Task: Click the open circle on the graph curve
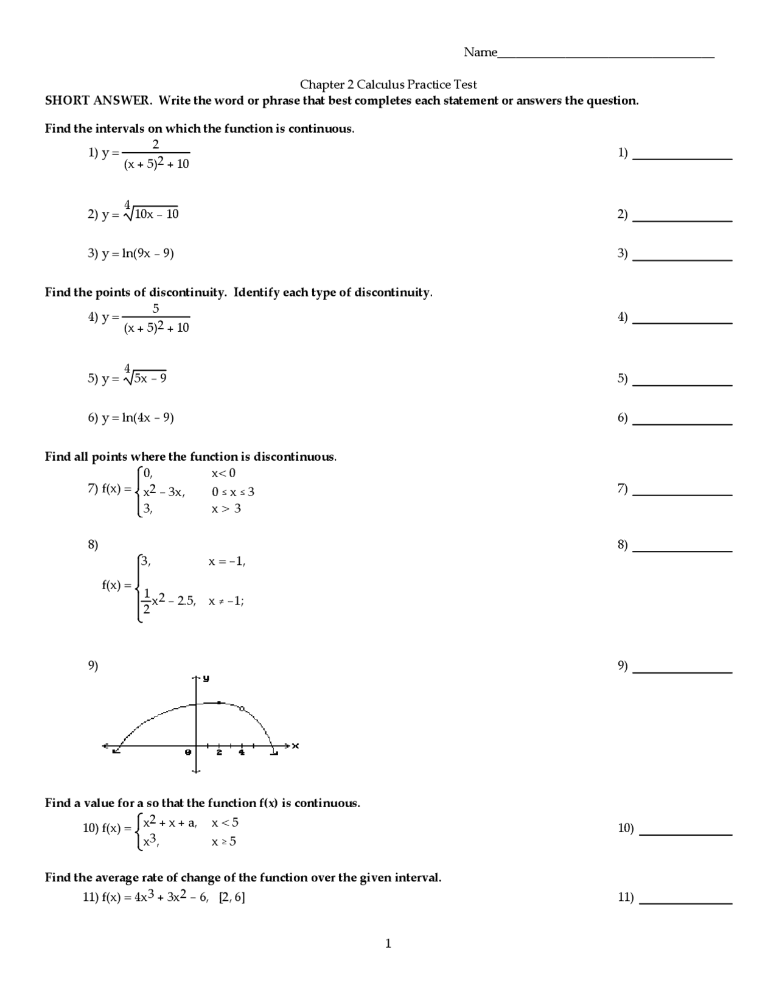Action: pos(242,709)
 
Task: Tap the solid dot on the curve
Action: pos(219,702)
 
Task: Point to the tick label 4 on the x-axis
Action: pos(242,753)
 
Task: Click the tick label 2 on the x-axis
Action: pos(219,753)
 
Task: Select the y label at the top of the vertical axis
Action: pos(206,678)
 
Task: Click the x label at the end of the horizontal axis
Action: pos(296,746)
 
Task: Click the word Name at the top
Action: pos(480,52)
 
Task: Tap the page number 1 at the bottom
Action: pos(388,943)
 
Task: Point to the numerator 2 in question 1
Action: pos(156,144)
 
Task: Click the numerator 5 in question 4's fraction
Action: pos(156,309)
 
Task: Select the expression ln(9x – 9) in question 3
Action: pos(148,253)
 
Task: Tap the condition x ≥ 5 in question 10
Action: pos(223,842)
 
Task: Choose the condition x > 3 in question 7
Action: pos(226,508)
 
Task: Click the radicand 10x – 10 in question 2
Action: pos(156,214)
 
